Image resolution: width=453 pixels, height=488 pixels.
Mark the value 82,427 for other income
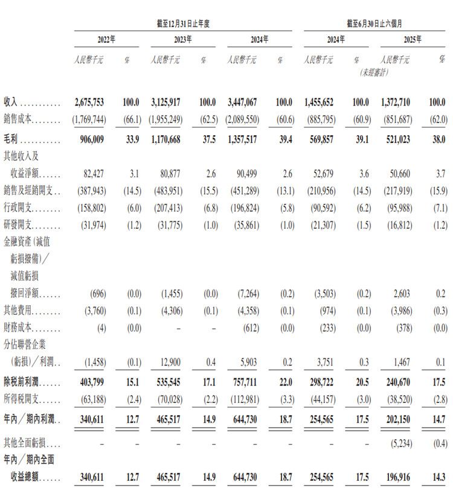(x=93, y=174)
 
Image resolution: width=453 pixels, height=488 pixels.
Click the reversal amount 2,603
(x=399, y=294)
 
